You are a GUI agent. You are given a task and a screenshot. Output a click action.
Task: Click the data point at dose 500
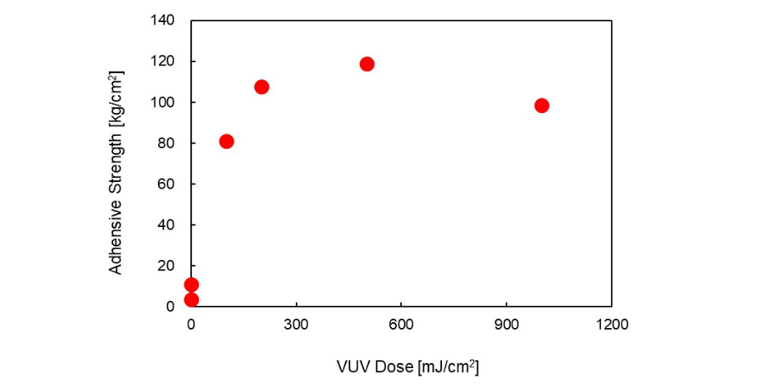367,64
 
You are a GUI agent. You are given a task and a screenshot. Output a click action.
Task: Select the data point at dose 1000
541,105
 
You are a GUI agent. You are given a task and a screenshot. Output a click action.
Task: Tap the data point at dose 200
262,87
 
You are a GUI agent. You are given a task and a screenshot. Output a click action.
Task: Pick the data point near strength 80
226,141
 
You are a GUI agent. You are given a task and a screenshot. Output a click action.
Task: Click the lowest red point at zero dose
191,299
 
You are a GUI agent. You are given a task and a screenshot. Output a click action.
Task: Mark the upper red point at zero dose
191,285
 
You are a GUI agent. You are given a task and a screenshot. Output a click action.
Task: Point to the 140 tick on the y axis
164,20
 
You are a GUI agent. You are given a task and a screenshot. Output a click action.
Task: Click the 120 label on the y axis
164,61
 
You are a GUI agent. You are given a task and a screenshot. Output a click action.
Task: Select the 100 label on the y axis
164,102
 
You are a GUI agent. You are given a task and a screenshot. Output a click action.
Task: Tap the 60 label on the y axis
167,184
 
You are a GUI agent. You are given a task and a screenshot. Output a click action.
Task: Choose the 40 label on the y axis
167,224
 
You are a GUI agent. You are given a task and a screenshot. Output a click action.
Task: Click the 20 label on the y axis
167,265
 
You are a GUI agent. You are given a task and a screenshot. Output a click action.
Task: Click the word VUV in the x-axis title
352,367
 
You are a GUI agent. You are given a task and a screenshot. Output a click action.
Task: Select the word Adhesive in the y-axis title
116,246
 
